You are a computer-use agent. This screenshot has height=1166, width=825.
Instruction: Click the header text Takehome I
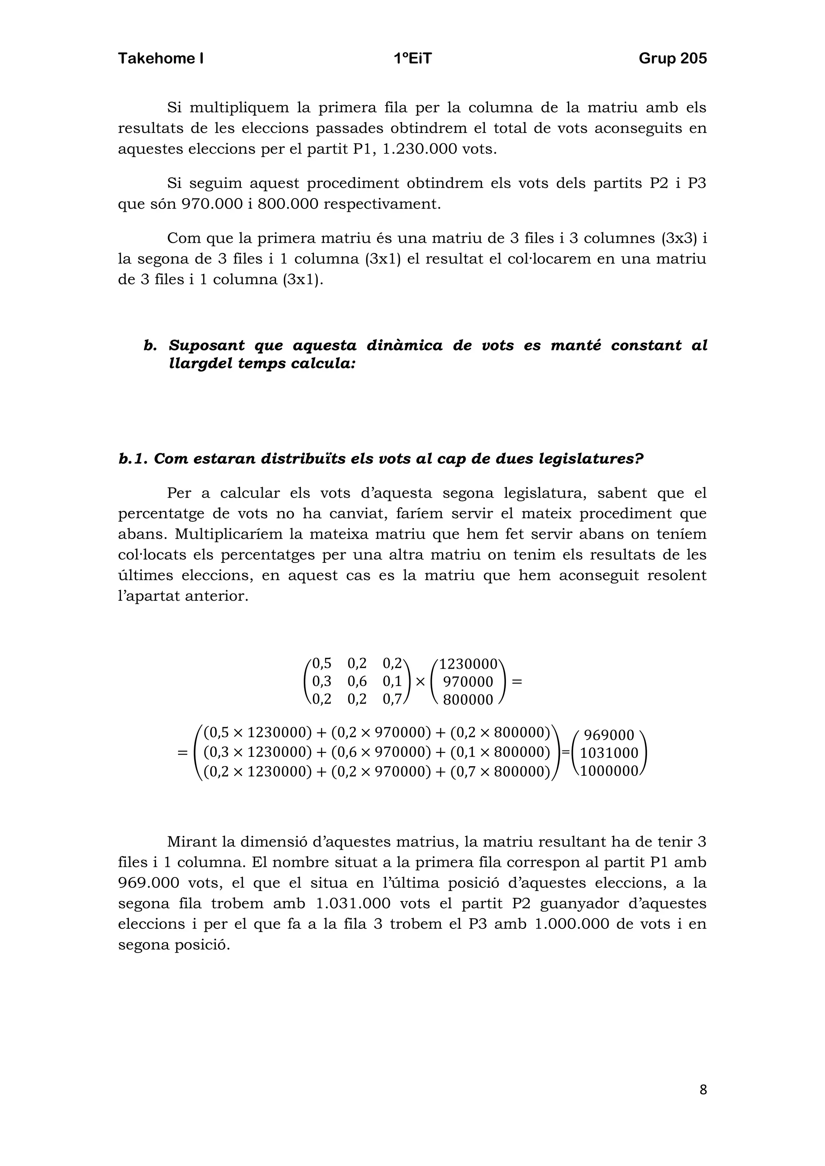pos(161,58)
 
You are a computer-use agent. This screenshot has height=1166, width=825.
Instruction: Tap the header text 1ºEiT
pos(412,58)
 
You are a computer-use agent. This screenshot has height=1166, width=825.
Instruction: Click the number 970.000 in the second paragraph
pos(212,204)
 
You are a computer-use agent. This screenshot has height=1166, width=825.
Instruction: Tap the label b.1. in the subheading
pos(133,459)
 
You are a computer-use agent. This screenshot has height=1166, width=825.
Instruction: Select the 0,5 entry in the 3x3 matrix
pos(321,663)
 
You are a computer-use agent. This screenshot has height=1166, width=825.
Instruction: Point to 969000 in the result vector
pos(609,735)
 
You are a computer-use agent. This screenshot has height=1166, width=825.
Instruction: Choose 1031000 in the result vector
pos(609,753)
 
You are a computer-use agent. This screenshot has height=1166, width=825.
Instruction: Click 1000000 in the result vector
pos(609,771)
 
